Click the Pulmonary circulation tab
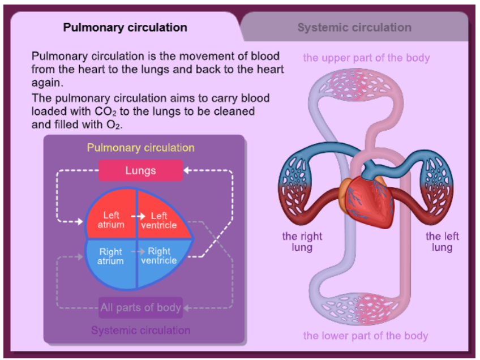pos(125,27)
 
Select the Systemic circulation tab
pos(354,27)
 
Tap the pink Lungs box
pos(140,170)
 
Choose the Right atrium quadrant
pos(111,256)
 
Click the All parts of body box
pos(140,308)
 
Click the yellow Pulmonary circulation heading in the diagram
pos(140,148)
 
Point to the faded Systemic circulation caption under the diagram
pos(140,330)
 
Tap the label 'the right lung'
pos(302,242)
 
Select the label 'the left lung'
pos(442,242)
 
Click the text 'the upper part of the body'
pos(366,58)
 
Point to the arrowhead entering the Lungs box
pos(188,170)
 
